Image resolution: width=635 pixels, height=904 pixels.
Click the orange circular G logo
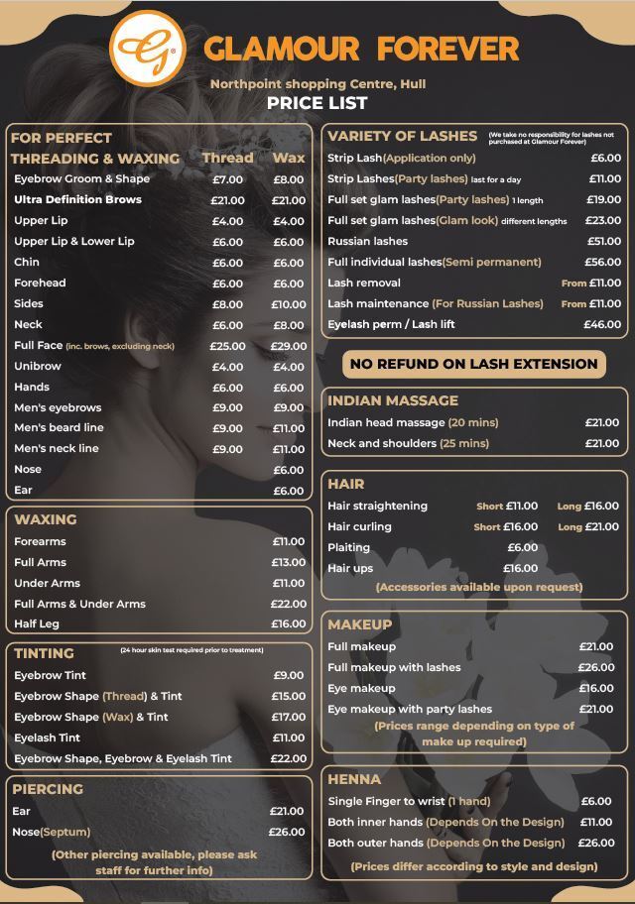pos(147,47)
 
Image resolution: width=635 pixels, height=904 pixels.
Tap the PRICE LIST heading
pos(317,103)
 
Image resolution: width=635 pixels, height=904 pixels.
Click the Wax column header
pos(289,158)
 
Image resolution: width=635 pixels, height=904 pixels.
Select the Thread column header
pos(227,158)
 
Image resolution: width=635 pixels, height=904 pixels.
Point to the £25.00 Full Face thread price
pos(227,346)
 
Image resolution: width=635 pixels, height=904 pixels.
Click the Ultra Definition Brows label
pos(77,200)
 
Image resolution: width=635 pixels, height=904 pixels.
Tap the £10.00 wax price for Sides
pos(289,304)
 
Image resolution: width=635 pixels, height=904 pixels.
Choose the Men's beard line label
pos(59,428)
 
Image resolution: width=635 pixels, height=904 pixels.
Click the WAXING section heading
pos(46,519)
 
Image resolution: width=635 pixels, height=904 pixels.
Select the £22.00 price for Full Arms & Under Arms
pos(289,604)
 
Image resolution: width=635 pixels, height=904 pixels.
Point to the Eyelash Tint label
pos(47,737)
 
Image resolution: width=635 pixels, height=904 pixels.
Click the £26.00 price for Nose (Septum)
pos(287,832)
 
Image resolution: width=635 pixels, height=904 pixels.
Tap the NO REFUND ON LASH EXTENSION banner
pos(474,364)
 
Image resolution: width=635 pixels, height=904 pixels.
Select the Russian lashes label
pos(367,242)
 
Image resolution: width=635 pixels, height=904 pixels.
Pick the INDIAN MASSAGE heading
pos(393,400)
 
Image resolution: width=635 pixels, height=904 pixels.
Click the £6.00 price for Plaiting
pos(522,548)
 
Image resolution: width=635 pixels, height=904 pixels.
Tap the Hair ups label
pos(350,569)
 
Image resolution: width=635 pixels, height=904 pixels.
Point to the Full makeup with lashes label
pos(394,668)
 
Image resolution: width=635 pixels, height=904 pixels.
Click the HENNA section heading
pos(354,779)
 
